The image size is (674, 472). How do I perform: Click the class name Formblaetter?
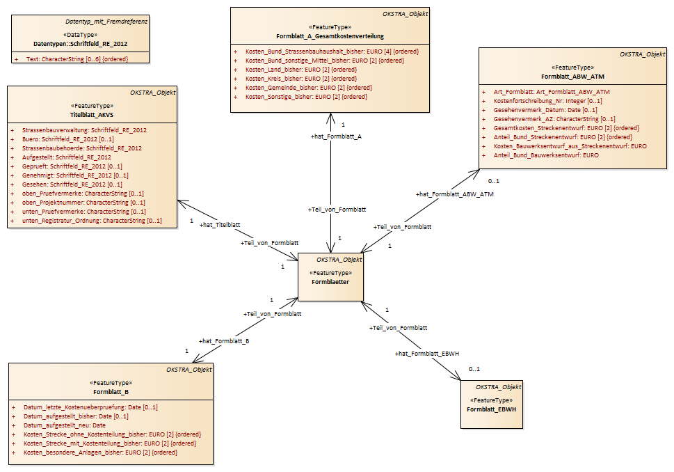[x=330, y=282]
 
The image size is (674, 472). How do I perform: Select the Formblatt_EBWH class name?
[x=491, y=409]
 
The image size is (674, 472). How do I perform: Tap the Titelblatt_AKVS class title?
[x=92, y=115]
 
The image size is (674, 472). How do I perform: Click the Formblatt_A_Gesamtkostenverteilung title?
[x=330, y=36]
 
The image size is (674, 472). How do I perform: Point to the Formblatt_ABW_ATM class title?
[x=572, y=77]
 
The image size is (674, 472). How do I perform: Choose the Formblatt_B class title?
[x=111, y=392]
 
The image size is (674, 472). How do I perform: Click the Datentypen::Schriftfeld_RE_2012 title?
[x=81, y=44]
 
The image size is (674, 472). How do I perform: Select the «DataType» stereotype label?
[x=81, y=35]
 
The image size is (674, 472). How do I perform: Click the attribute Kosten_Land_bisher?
[x=301, y=70]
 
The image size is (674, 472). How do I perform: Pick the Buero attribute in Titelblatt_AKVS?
[x=68, y=139]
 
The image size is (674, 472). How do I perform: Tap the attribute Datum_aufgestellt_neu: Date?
[x=65, y=425]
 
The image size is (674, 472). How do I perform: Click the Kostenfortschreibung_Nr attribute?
[x=547, y=101]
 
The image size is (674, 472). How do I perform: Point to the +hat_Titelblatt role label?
[x=220, y=225]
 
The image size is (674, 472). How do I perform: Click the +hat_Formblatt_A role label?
[x=336, y=136]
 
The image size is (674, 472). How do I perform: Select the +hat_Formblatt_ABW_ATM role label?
[x=454, y=194]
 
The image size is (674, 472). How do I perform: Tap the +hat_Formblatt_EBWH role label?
[x=427, y=354]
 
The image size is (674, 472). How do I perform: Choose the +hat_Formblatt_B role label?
[x=224, y=341]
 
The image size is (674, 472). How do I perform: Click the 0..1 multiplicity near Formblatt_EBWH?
[x=474, y=369]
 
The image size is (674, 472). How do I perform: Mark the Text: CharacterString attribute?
[x=77, y=59]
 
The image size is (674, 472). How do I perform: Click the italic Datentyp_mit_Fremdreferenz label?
[x=106, y=22]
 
